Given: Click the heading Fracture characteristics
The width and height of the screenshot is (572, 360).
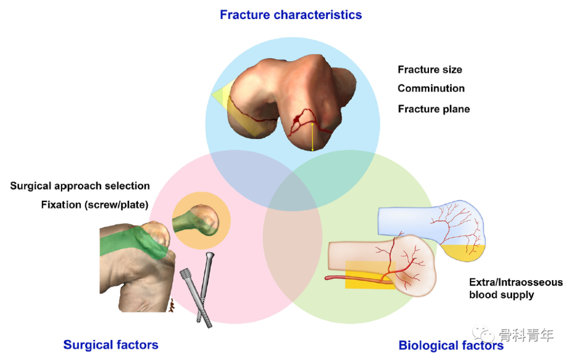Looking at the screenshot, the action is click(291, 15).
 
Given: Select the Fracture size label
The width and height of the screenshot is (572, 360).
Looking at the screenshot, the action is click(430, 70).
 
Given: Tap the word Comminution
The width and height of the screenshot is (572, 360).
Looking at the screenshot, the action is click(431, 88).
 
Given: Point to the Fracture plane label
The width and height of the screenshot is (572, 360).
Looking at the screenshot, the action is click(434, 109).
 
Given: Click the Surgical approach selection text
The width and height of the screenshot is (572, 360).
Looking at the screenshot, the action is click(80, 186).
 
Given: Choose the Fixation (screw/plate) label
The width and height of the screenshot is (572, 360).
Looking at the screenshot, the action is click(95, 205).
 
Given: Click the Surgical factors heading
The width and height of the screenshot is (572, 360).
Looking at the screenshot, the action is click(111, 345).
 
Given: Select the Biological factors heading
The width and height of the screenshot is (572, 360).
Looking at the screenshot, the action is click(451, 345).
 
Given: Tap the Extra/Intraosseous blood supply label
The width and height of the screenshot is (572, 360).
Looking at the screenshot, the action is click(516, 289).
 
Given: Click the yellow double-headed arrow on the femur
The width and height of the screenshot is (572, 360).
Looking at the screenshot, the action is click(312, 137).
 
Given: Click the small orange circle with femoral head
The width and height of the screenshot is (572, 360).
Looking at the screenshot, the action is click(201, 221).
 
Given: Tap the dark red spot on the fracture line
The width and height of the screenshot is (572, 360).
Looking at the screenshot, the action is click(298, 118).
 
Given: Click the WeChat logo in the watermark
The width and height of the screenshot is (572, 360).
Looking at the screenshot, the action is click(483, 333).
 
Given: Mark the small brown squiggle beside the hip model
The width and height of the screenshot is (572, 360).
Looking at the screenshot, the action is click(172, 305).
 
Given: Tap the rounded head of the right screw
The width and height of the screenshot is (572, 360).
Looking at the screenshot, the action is click(210, 257).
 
